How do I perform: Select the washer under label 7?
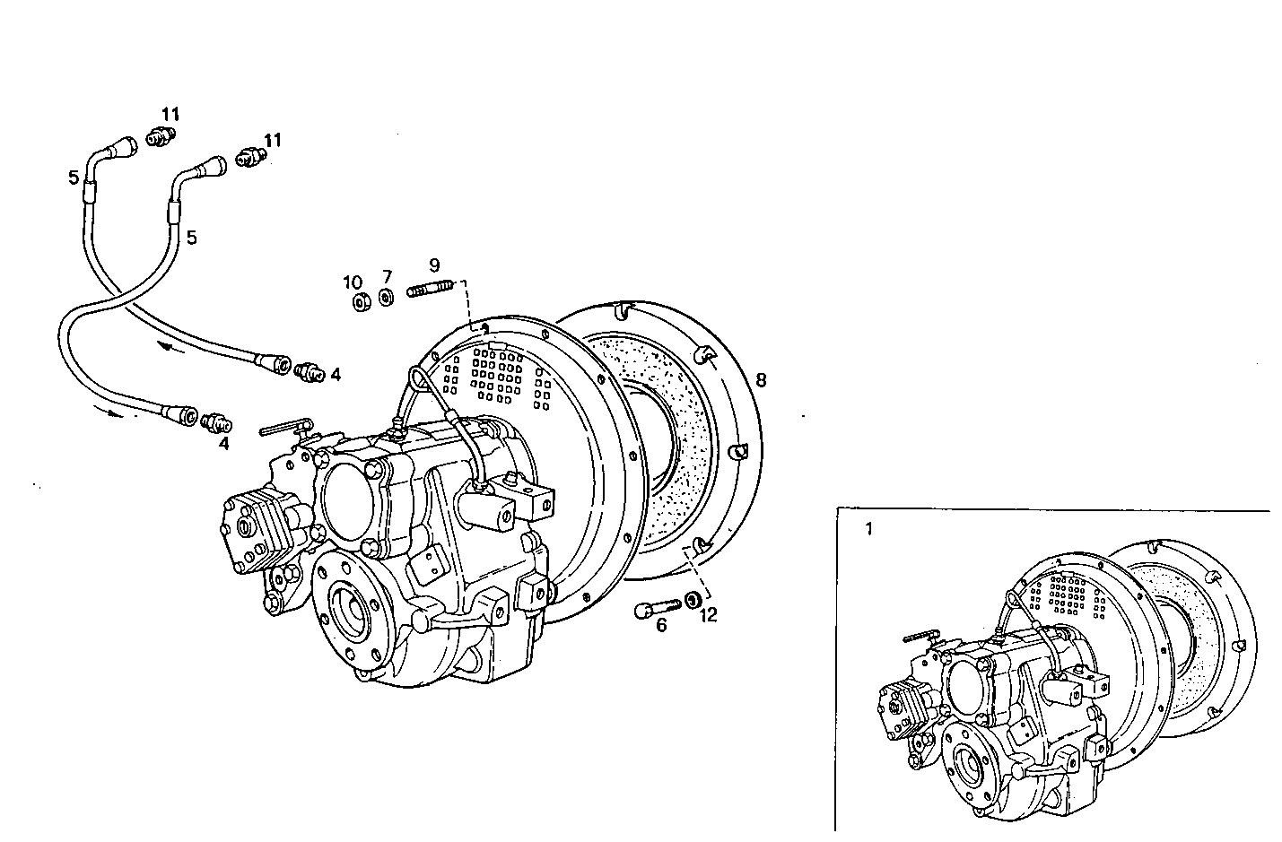pos(386,298)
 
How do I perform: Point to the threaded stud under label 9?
pos(429,290)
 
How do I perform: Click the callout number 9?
pos(434,265)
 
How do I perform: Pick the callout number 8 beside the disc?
pos(761,379)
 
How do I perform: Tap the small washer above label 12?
pos(693,599)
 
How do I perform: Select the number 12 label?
pos(709,615)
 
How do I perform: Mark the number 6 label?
pos(661,625)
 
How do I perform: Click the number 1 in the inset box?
pos(868,528)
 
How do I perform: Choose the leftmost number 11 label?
pos(170,114)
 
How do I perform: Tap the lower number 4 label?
pos(223,443)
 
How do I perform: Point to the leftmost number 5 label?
pos(74,178)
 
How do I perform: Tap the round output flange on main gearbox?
pos(347,610)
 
